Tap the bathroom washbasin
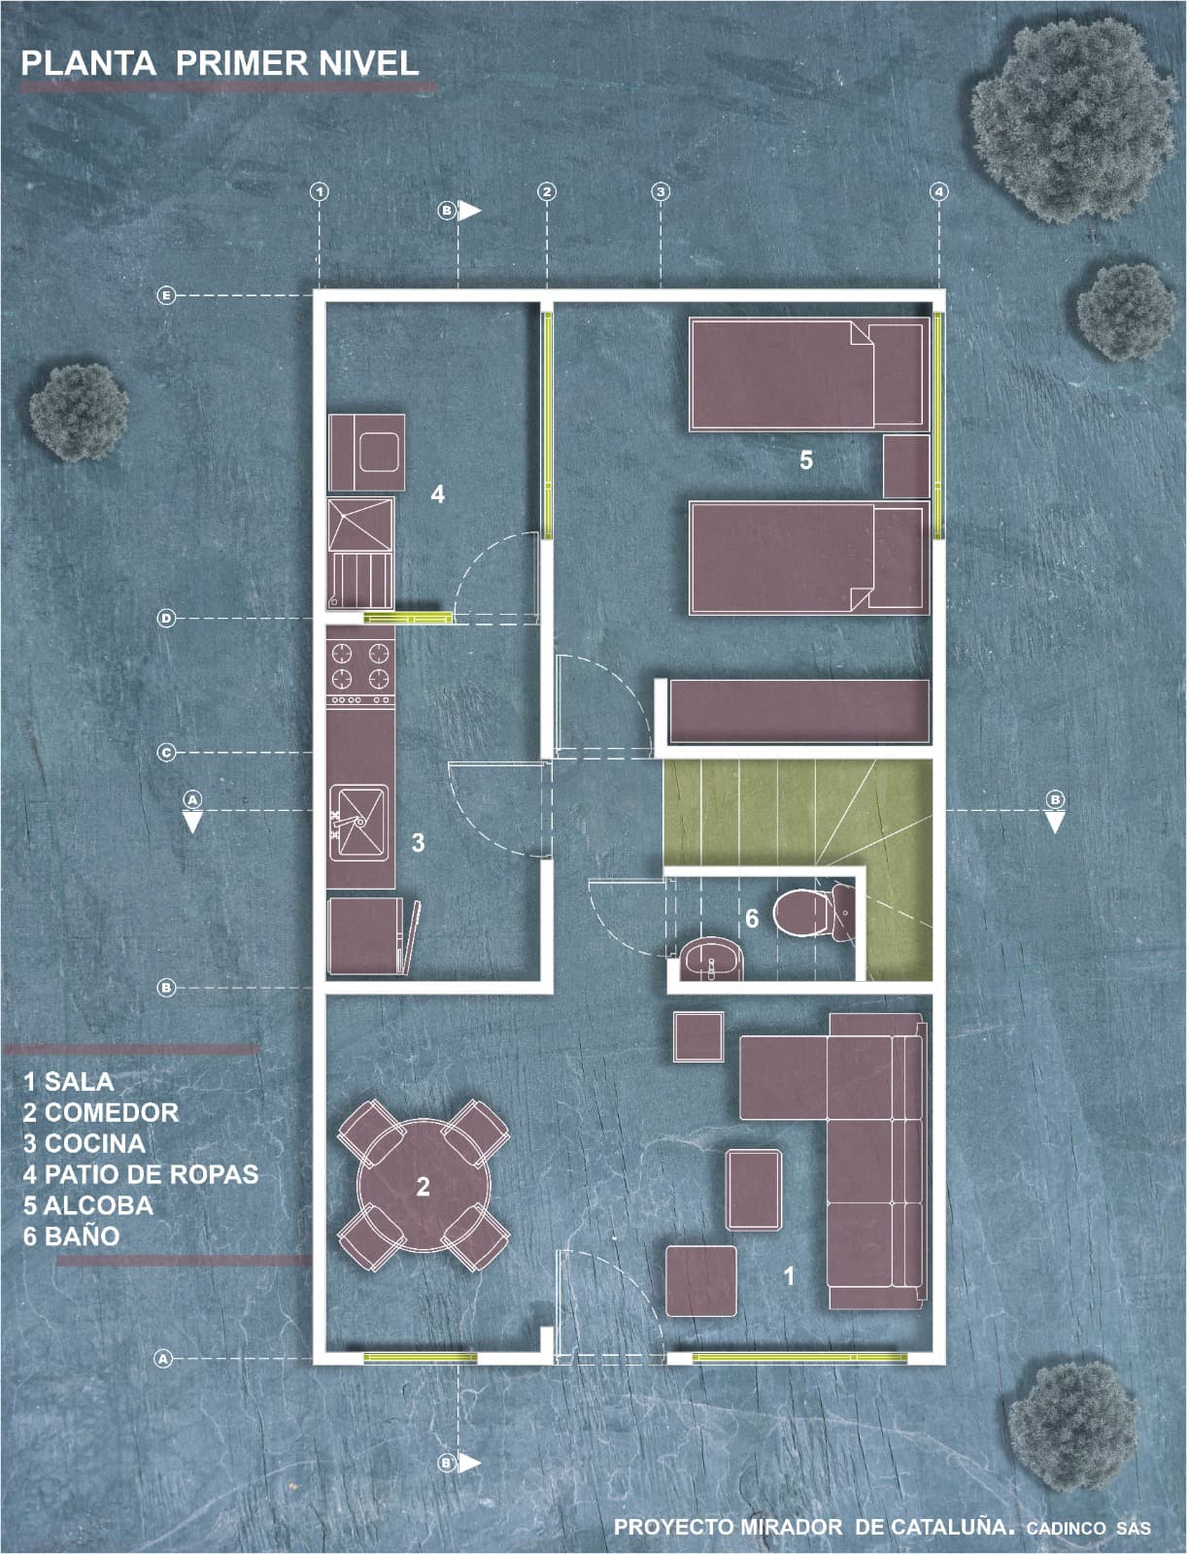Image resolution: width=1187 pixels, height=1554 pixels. (x=711, y=959)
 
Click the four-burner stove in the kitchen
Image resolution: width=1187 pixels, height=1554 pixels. (x=360, y=665)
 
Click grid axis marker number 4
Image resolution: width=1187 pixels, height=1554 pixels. (x=938, y=191)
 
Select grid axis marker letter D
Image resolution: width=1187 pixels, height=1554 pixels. (x=166, y=618)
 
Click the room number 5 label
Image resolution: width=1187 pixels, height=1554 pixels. (x=805, y=460)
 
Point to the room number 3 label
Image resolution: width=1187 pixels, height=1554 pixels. (x=418, y=842)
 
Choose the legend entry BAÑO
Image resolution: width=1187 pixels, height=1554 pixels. (x=72, y=1236)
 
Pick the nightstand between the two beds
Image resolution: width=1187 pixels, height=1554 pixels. (x=906, y=466)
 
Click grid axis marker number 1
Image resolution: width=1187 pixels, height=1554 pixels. (x=320, y=191)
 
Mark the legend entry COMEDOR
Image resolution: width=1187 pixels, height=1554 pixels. (x=100, y=1112)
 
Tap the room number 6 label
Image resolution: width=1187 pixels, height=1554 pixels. (x=752, y=918)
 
